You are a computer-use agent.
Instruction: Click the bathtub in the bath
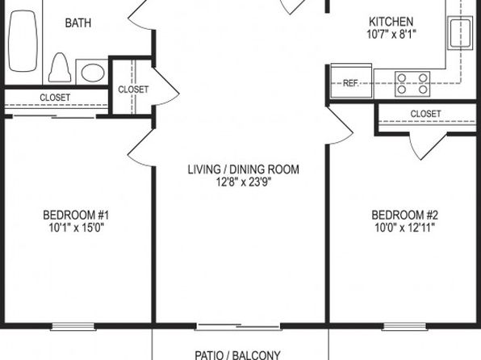click(23, 41)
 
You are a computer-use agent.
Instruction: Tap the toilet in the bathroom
click(60, 68)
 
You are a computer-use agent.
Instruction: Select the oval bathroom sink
click(93, 73)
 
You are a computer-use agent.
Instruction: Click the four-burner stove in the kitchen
click(412, 84)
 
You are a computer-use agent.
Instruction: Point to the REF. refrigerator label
click(350, 83)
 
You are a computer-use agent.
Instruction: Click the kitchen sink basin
click(460, 33)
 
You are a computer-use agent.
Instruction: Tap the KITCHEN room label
click(391, 22)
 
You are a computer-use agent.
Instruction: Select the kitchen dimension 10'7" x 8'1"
click(391, 35)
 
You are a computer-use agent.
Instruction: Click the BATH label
click(78, 23)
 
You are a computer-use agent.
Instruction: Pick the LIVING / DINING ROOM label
click(243, 170)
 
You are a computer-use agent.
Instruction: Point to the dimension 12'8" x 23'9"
click(244, 182)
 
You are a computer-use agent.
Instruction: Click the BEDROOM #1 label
click(76, 216)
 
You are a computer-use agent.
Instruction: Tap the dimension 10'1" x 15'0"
click(77, 228)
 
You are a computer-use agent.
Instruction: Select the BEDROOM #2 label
click(405, 216)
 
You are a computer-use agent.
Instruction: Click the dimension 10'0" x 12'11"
click(405, 228)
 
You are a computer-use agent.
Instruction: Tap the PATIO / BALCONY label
click(238, 355)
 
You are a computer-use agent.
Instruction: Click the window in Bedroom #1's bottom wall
click(73, 327)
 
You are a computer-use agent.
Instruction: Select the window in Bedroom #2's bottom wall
click(404, 327)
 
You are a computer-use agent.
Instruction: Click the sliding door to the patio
click(238, 327)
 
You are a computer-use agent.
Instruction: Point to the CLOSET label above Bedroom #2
click(425, 114)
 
